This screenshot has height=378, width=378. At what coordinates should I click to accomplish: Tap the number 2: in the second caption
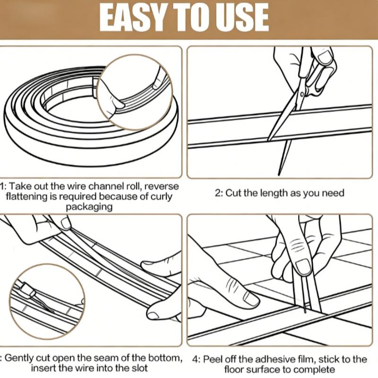(x=218, y=193)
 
